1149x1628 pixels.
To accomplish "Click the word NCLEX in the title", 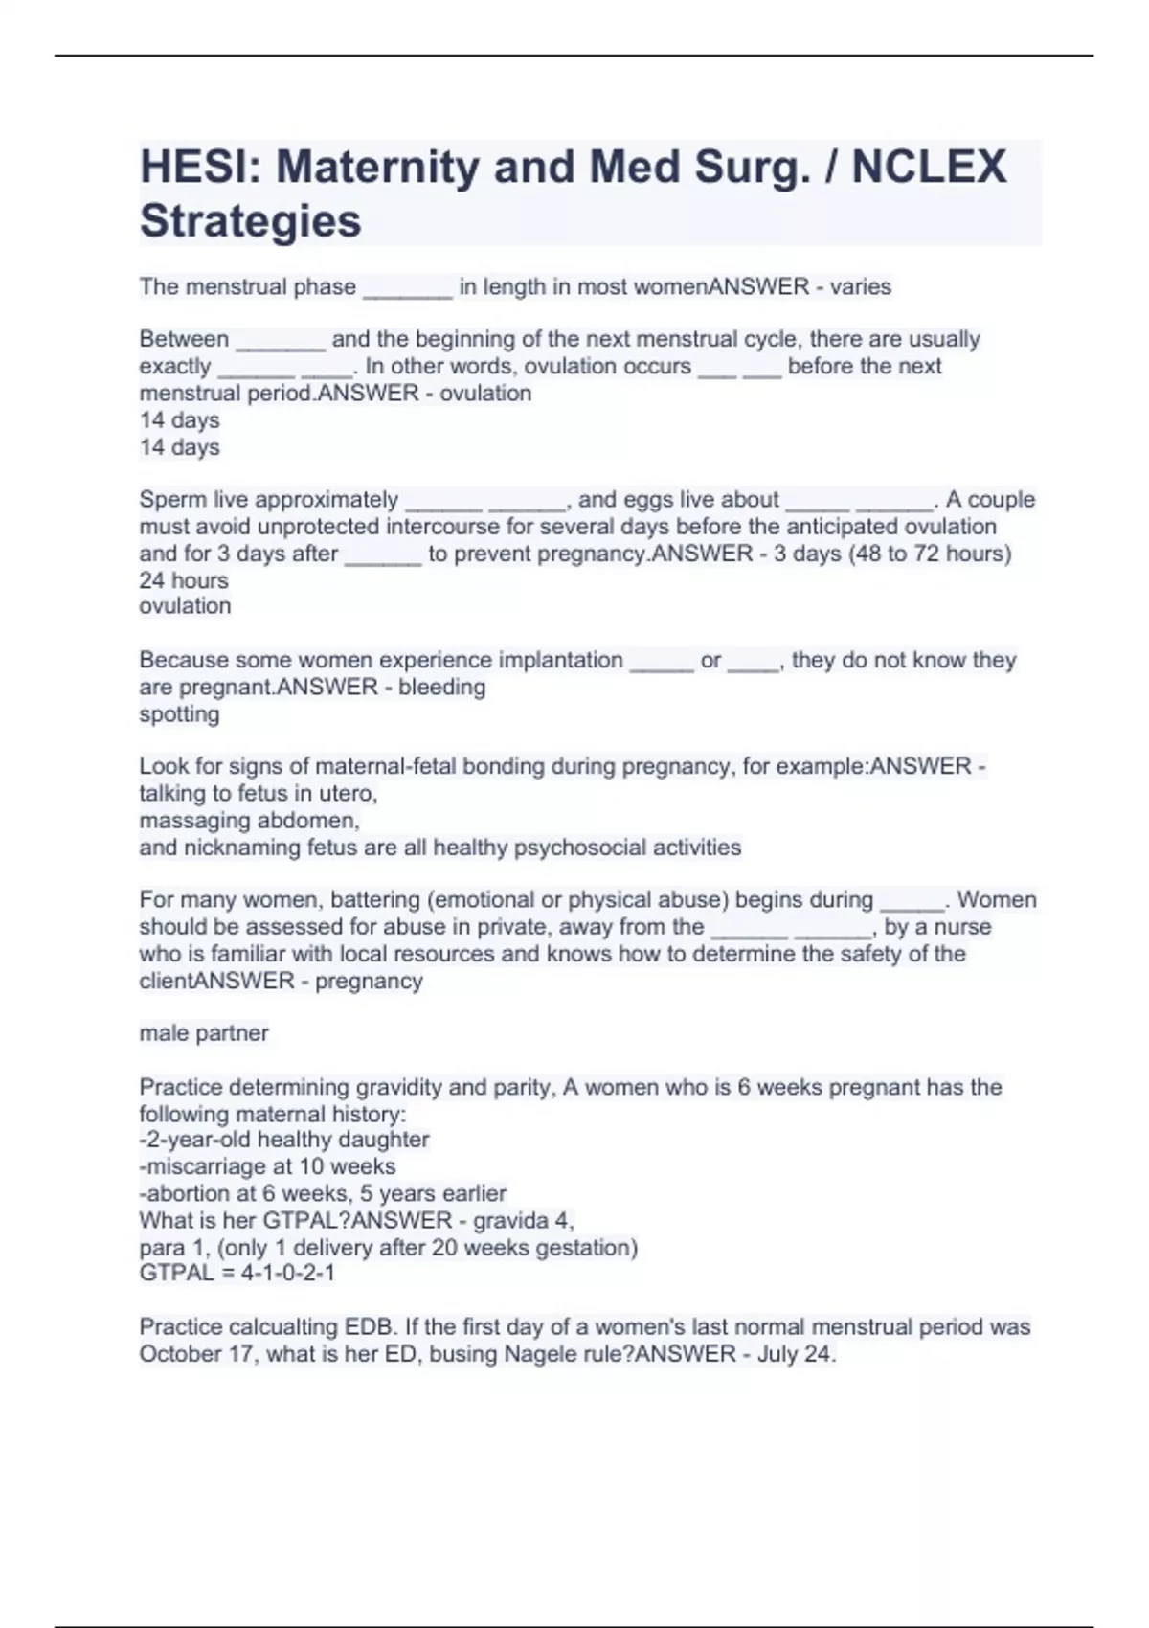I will pos(929,168).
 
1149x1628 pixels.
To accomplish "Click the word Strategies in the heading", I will pos(251,221).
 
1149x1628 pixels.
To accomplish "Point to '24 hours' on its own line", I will pos(184,580).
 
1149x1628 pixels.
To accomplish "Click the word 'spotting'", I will pos(179,714).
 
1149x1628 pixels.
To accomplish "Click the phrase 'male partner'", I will pos(204,1033).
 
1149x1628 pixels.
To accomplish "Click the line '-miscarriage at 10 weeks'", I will pos(267,1166).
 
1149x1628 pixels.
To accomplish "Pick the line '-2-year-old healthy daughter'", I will pos(284,1140).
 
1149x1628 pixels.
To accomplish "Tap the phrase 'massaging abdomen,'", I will pos(249,821).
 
